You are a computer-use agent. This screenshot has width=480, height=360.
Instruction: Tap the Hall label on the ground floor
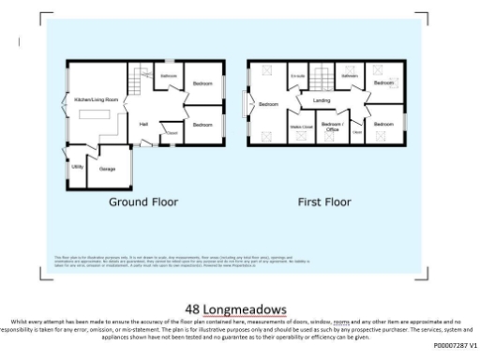[x=144, y=123]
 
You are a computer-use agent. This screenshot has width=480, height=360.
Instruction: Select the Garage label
[x=106, y=169]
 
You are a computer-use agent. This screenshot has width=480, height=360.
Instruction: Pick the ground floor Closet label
[x=171, y=133]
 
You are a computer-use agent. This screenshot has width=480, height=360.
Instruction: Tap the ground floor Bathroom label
[x=169, y=75]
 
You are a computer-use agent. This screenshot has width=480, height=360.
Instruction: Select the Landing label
[x=322, y=99]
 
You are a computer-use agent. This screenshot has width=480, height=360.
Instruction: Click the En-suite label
[x=298, y=76]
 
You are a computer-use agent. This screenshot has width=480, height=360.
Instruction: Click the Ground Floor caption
[x=143, y=202]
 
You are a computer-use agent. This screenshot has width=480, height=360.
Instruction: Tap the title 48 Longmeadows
[x=235, y=307]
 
